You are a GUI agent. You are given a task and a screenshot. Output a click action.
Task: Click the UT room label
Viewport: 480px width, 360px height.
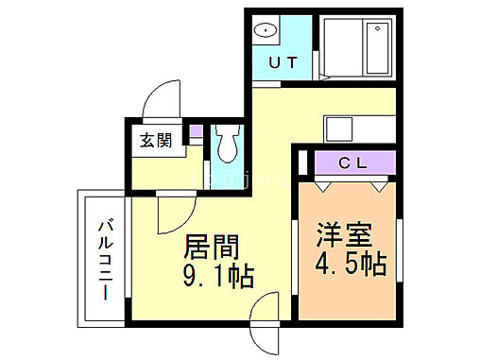283,63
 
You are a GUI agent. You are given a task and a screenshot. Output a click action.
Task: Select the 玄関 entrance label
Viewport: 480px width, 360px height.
157,142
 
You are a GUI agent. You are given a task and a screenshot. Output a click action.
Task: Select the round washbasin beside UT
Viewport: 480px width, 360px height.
268,29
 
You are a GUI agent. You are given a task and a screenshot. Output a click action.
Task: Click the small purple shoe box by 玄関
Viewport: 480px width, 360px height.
196,133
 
